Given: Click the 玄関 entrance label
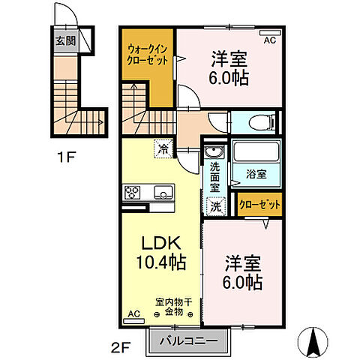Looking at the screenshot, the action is point(65,40).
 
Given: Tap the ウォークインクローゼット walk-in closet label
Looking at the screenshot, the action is point(147,55).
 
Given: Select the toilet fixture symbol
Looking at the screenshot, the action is point(262,122).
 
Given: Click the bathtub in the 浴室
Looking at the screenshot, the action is point(256,151).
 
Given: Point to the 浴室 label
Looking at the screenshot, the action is point(256,174).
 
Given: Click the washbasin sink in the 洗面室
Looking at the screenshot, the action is point(214,151).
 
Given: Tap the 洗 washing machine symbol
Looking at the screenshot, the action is point(216,206).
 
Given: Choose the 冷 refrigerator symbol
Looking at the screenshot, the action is point(163,149).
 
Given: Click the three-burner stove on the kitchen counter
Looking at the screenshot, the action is point(132,193).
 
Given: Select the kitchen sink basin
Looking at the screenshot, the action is point(163,192).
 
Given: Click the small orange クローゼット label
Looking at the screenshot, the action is point(259,205).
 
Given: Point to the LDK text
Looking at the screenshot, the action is point(161,243).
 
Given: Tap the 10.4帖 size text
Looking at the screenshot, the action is point(161,262).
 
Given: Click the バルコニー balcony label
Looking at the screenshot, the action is point(189,341).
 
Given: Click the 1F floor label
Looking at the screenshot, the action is point(67,157).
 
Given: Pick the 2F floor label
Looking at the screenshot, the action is point(121,348).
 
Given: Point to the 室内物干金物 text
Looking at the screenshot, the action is point(174,307).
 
